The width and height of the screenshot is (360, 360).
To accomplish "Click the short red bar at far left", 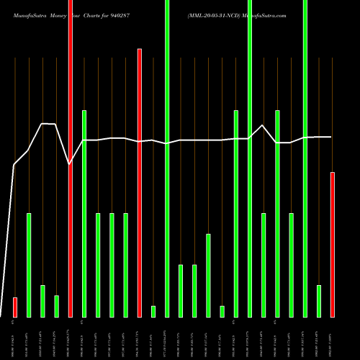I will (14, 307).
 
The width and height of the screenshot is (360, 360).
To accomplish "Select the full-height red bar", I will (70, 158).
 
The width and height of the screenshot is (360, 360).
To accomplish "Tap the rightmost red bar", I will (333, 245).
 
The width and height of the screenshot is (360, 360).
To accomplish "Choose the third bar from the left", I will (42, 301).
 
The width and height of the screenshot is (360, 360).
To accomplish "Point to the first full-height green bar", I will (167, 158).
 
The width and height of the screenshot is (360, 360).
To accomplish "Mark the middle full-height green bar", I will (250, 158).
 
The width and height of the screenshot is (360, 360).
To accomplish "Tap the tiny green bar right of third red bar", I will (153, 311).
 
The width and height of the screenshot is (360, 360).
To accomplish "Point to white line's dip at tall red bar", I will (70, 165).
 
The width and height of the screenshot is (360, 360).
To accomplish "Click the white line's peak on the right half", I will (264, 126).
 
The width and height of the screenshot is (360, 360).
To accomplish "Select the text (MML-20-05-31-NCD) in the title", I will (213, 14).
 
